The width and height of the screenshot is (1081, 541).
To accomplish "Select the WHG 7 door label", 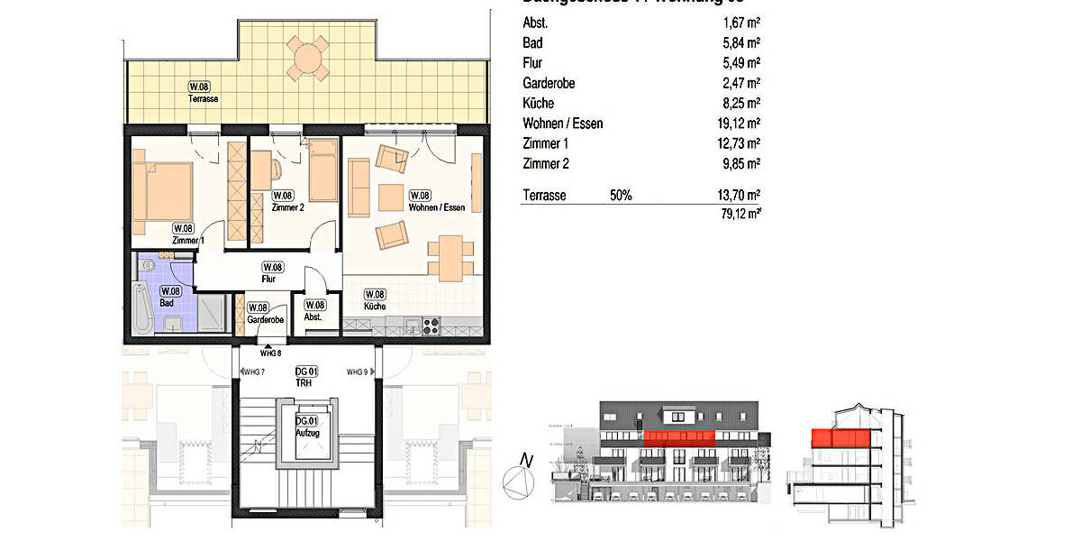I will tap(254, 372).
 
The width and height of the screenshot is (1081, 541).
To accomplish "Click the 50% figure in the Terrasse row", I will tap(620, 195).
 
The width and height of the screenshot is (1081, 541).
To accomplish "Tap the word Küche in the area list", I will tap(539, 104).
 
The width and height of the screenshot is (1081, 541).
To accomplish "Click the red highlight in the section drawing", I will tap(843, 438).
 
